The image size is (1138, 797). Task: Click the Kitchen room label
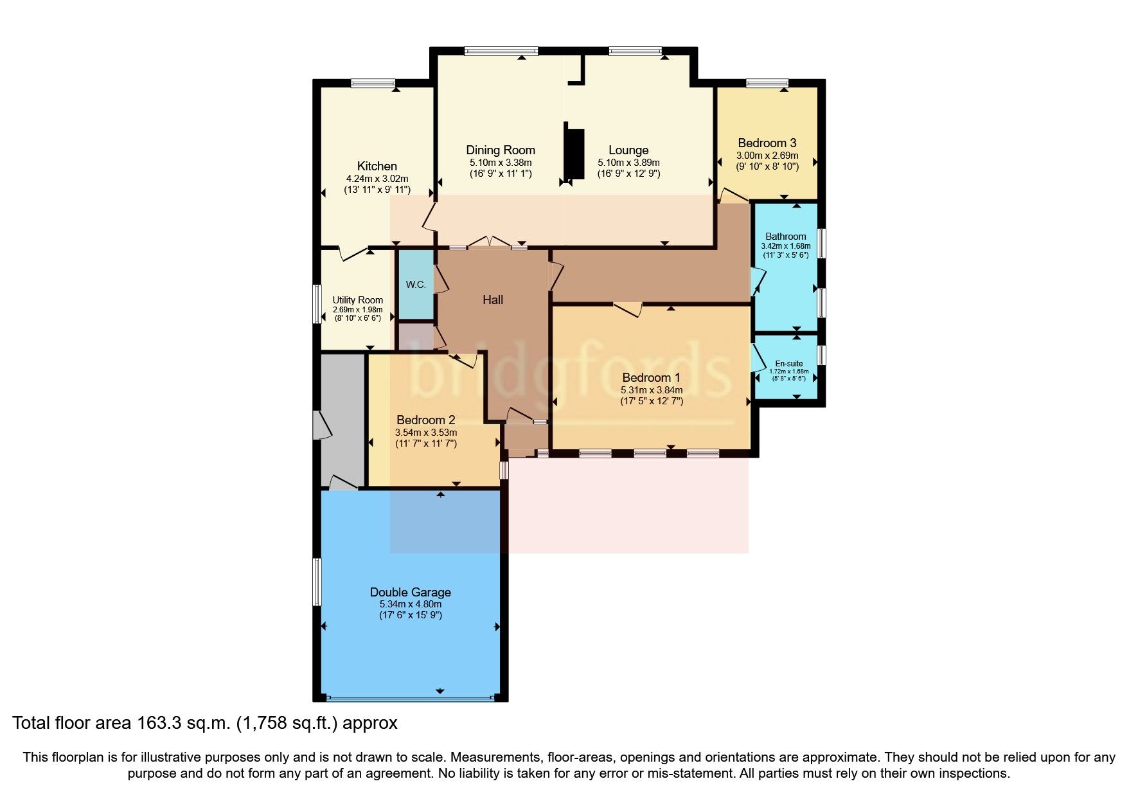pyautogui.click(x=377, y=166)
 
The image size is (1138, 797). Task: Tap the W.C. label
pyautogui.click(x=416, y=285)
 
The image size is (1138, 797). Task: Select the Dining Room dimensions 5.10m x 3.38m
pyautogui.click(x=500, y=163)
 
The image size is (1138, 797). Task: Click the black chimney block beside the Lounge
pyautogui.click(x=574, y=154)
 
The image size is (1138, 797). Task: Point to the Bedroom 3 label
pyautogui.click(x=767, y=143)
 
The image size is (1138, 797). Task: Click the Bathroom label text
pyautogui.click(x=785, y=237)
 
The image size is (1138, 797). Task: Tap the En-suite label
pyautogui.click(x=788, y=363)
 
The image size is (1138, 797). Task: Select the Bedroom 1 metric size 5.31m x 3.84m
pyautogui.click(x=651, y=390)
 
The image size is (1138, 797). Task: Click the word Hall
pyautogui.click(x=493, y=300)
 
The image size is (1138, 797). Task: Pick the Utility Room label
pyautogui.click(x=357, y=300)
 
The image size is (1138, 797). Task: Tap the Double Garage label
pyautogui.click(x=410, y=592)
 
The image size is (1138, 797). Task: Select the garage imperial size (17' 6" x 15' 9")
pyautogui.click(x=410, y=615)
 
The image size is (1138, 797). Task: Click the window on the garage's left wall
pyautogui.click(x=317, y=582)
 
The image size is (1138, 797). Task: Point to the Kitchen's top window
pyautogui.click(x=373, y=82)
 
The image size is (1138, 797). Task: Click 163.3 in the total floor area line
pyautogui.click(x=154, y=723)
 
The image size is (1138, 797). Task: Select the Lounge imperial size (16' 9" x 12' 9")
pyautogui.click(x=628, y=174)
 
